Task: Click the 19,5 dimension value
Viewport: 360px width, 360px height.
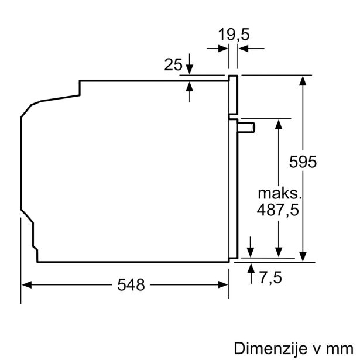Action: pos(234,35)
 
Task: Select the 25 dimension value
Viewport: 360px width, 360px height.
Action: pos(174,65)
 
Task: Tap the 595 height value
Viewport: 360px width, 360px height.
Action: pos(303,162)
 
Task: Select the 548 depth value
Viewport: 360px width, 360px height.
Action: pos(130,284)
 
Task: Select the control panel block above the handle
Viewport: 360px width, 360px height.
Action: pos(233,95)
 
